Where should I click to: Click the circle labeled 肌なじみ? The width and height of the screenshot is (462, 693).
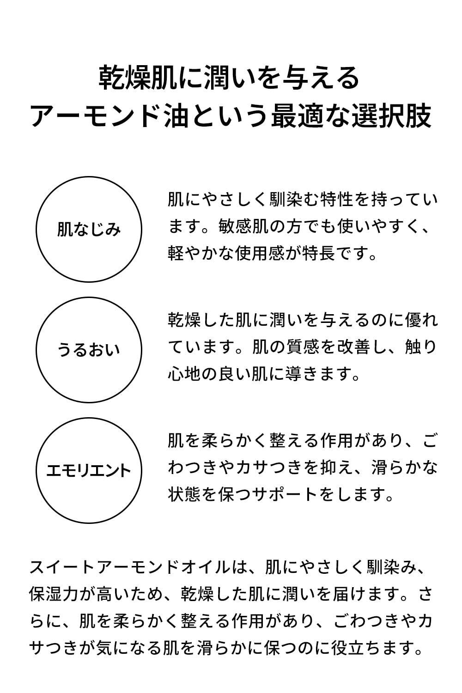89,229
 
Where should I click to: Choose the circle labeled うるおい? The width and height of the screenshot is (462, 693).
89,349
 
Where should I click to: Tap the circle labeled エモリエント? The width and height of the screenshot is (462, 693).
89,470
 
